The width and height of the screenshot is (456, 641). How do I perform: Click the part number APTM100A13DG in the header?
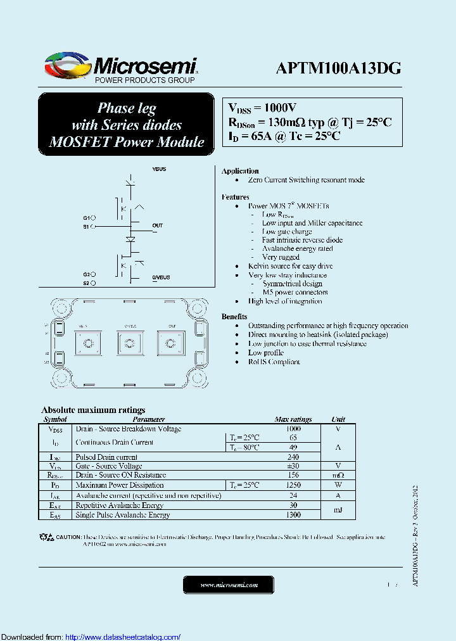coord(338,69)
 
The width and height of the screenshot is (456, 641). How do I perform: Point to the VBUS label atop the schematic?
coord(159,170)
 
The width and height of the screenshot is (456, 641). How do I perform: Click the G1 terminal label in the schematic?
coord(86,217)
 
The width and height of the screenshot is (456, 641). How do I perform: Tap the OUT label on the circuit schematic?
coord(158,225)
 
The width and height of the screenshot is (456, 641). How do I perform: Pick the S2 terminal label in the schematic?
coord(86,283)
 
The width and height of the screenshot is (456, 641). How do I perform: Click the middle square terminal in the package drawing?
coord(129,343)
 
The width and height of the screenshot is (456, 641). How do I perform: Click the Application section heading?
coord(240,171)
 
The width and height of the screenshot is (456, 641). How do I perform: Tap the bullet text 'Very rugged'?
coord(281,257)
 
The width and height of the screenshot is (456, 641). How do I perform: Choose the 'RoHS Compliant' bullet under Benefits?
coord(274,362)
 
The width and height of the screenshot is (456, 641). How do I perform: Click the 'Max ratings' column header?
coord(293,419)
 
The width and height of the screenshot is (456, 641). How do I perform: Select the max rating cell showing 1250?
coord(293,485)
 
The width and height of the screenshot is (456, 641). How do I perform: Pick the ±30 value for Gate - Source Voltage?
coord(293,466)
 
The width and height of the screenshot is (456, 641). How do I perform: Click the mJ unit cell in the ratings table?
coord(339,510)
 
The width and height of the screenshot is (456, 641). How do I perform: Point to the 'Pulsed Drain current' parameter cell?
coord(106,457)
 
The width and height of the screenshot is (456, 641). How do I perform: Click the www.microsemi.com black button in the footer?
coord(229,585)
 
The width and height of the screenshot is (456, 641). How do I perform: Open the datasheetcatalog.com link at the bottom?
coord(123,637)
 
